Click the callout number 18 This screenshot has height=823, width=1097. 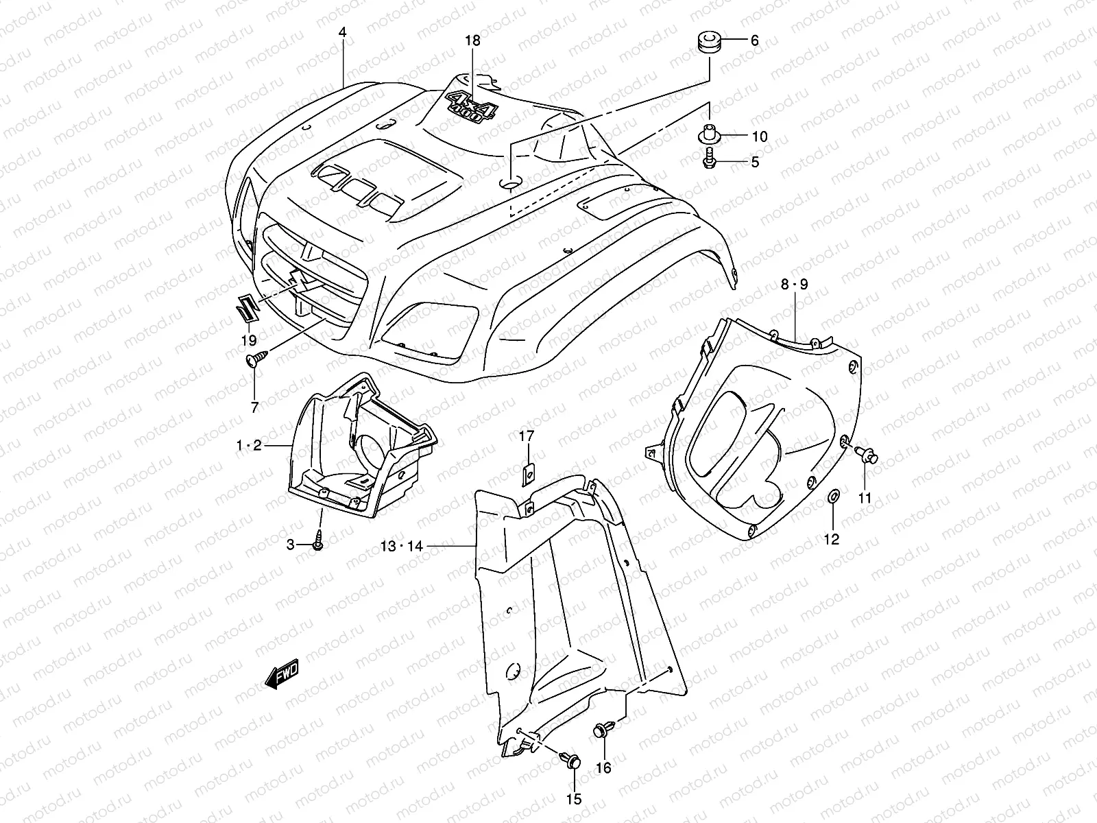tap(472, 40)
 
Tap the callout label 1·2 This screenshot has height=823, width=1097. tap(249, 446)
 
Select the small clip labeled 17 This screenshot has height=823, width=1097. tap(529, 473)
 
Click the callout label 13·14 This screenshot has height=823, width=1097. tap(402, 546)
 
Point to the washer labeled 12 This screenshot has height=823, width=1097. tap(832, 496)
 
